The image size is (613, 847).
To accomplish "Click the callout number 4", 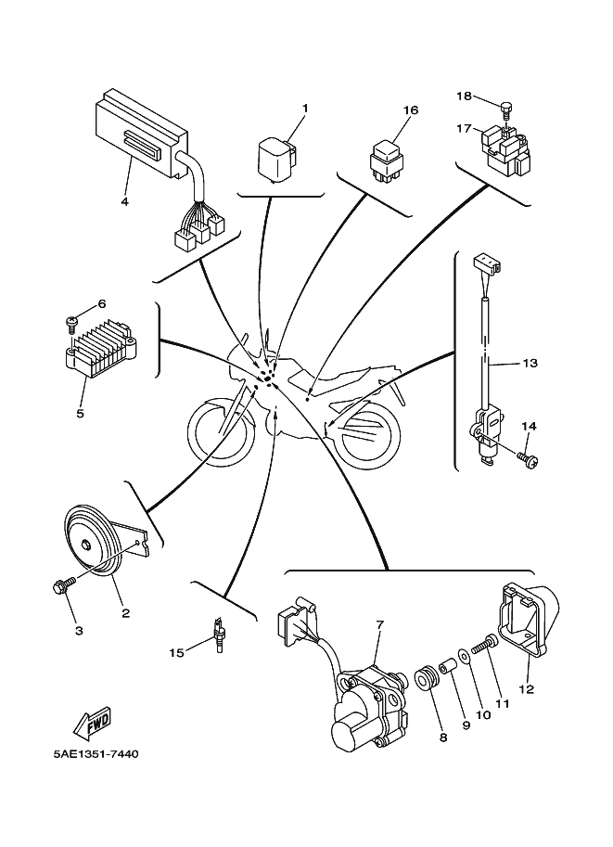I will tap(124, 201).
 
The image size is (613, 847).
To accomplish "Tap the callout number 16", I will tap(411, 110).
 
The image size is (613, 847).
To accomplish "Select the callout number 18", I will tap(465, 96).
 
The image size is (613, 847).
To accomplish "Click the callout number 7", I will tap(379, 624).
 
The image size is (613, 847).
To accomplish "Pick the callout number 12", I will tap(528, 689).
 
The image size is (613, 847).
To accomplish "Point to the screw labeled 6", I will tap(72, 321).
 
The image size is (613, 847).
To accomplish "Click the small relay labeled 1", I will tap(277, 155).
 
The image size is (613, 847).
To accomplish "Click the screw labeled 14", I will tap(527, 458).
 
